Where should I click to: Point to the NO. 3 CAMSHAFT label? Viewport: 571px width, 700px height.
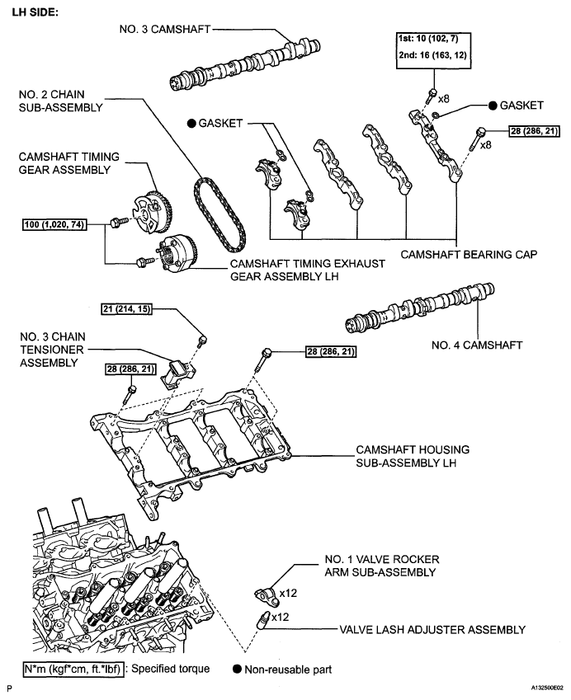163,29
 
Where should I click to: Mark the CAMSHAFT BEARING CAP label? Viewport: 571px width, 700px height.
469,255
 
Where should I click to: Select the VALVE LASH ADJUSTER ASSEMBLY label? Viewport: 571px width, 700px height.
432,630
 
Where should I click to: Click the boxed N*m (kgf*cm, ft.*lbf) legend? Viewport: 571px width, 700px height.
73,668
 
